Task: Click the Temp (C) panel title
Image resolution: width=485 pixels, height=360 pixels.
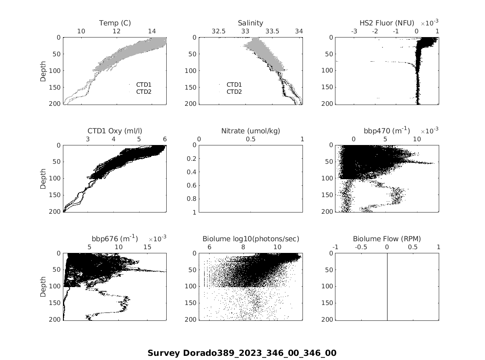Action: [x=115, y=23]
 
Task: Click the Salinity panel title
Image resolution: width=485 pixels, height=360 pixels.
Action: [x=250, y=23]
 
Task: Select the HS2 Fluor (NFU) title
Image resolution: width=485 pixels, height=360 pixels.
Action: [x=387, y=23]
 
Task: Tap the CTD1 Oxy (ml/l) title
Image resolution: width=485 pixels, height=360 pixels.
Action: [x=115, y=131]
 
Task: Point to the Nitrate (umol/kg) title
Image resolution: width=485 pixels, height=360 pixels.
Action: [x=250, y=131]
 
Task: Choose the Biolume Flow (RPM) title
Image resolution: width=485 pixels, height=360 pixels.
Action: [x=387, y=239]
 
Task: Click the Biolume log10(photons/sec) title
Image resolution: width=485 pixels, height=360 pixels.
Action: [x=250, y=239]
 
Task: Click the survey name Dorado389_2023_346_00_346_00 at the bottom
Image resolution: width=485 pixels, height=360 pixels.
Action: [x=242, y=353]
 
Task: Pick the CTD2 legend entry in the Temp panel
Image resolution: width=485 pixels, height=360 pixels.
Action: [x=144, y=92]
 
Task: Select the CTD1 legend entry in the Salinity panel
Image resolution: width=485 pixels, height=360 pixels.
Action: [x=234, y=85]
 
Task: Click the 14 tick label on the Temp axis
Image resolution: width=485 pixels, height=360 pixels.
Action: [x=152, y=31]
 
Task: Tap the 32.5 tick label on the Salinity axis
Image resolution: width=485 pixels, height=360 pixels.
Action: [x=219, y=31]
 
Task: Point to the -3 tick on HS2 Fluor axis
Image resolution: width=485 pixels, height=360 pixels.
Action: [x=354, y=31]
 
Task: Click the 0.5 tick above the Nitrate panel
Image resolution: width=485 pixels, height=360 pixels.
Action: [x=250, y=139]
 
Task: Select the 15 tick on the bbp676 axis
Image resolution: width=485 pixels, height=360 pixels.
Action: [x=147, y=247]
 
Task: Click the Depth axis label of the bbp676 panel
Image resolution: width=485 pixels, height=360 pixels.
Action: [x=43, y=287]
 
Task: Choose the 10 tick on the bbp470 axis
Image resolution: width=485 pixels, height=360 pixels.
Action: [x=417, y=139]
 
